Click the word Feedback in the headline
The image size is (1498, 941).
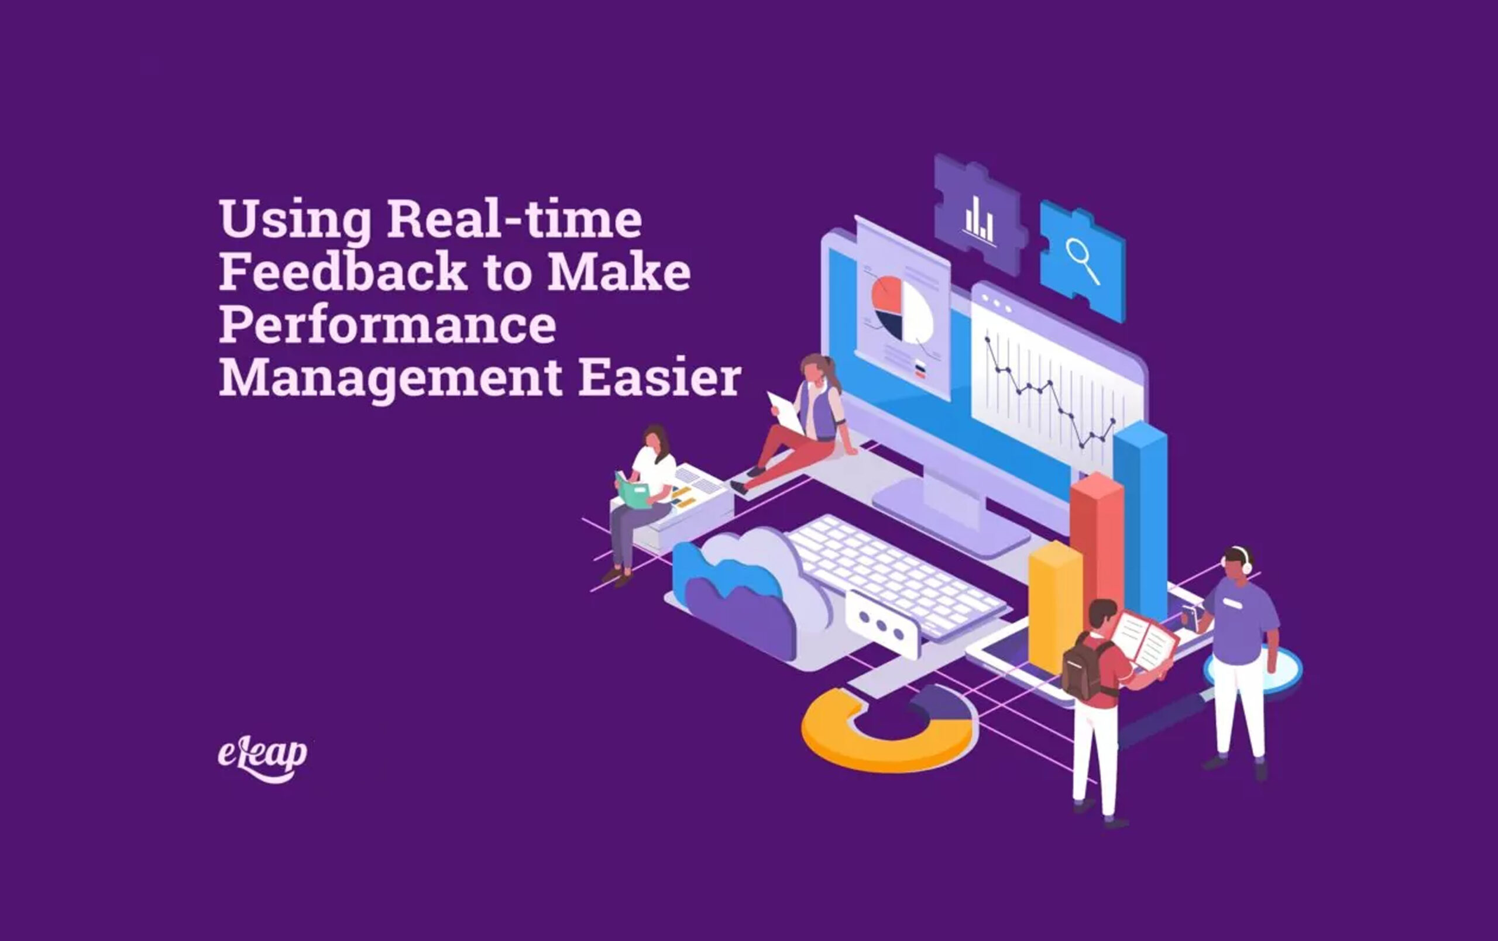point(342,272)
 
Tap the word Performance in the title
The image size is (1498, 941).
point(387,325)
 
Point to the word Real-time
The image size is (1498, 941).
point(514,219)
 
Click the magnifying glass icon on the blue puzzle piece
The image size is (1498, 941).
point(1082,261)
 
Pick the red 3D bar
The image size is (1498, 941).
point(1096,535)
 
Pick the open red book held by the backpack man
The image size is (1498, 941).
point(1143,640)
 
